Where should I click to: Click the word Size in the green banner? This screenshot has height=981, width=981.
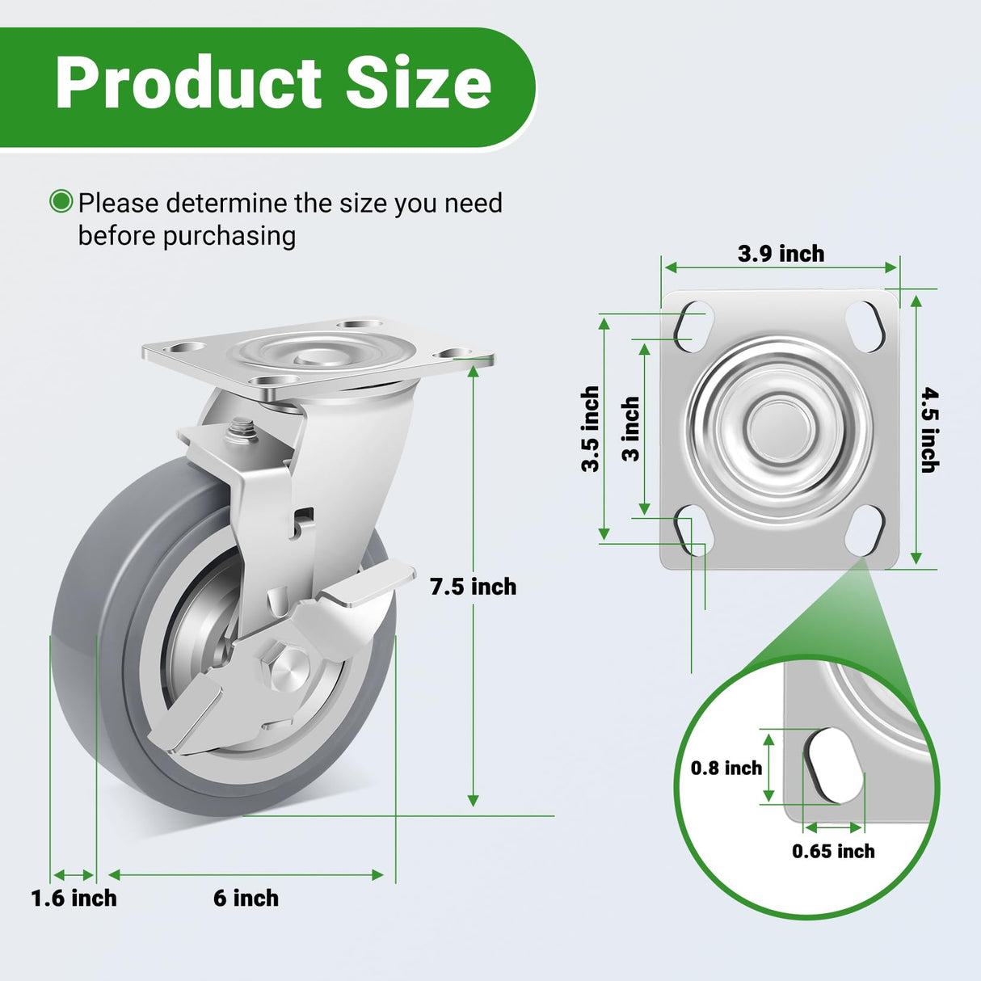pos(419,84)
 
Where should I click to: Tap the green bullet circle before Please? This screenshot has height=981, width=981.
pos(61,201)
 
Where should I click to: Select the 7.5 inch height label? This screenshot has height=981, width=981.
pos(473,587)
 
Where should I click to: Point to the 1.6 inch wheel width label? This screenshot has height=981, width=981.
pos(74,898)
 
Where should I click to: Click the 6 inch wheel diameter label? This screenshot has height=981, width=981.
pos(246,898)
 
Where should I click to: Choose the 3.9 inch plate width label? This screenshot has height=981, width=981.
pos(781,254)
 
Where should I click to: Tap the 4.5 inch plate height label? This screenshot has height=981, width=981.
pos(929,430)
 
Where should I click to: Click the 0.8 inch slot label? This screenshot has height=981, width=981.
pos(726,768)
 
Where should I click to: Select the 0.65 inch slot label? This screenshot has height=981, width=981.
pos(833,851)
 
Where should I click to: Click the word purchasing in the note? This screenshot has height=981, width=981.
pos(229,236)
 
